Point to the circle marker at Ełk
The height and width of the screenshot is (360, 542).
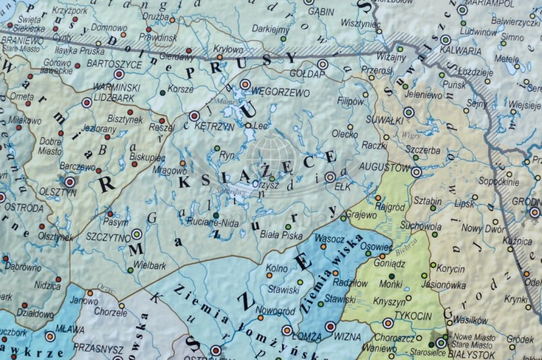pyautogui.click(x=330, y=176)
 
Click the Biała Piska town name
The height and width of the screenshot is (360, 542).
pyautogui.click(x=282, y=235)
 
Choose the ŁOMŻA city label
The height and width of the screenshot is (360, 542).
pyautogui.click(x=308, y=336)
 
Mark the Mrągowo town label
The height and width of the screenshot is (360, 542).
pyautogui.click(x=170, y=171)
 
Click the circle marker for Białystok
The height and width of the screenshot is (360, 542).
pyautogui.click(x=440, y=343)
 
